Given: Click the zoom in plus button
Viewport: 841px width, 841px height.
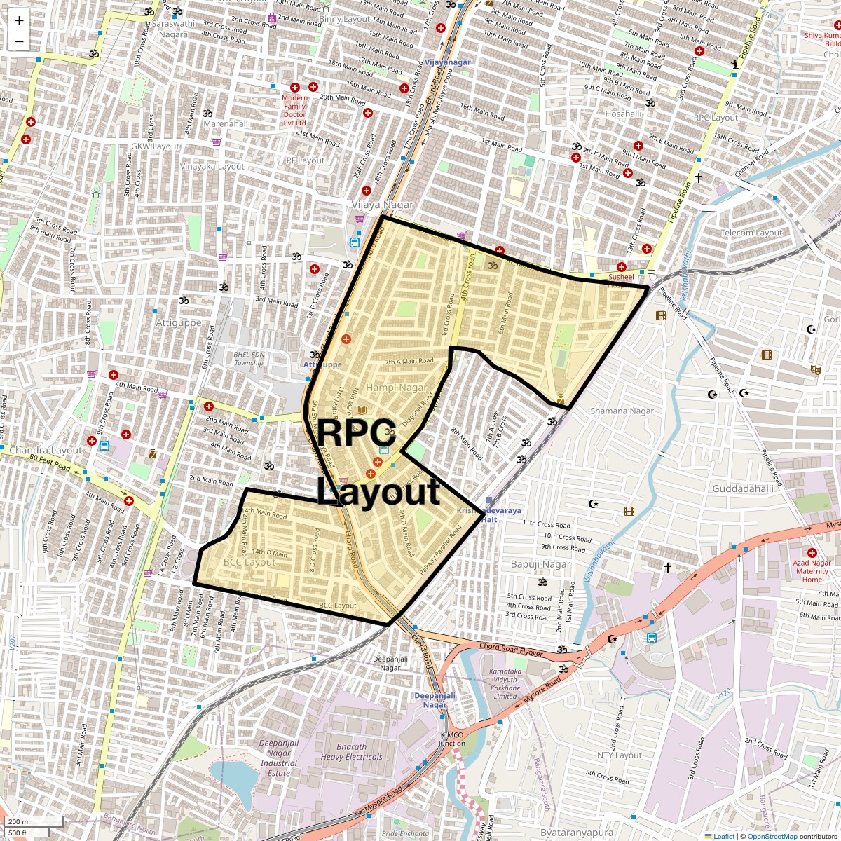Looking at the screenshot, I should pyautogui.click(x=19, y=21).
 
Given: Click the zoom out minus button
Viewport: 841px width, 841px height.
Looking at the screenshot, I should pyautogui.click(x=19, y=41).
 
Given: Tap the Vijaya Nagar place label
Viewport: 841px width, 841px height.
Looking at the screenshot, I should pyautogui.click(x=383, y=205).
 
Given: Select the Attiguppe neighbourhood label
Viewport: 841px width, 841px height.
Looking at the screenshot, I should pyautogui.click(x=179, y=323).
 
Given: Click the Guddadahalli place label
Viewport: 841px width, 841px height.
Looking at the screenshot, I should pyautogui.click(x=742, y=488).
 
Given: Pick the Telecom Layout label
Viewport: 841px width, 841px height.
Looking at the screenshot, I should pyautogui.click(x=751, y=233).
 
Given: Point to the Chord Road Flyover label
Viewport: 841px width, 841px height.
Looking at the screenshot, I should pyautogui.click(x=512, y=646).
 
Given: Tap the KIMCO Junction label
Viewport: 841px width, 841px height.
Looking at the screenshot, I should pyautogui.click(x=452, y=739).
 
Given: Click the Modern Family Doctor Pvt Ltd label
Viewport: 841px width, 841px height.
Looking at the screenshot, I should pyautogui.click(x=294, y=109).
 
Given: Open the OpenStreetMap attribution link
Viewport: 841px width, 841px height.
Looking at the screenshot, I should pyautogui.click(x=772, y=836).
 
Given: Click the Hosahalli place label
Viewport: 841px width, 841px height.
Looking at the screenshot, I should pyautogui.click(x=623, y=114).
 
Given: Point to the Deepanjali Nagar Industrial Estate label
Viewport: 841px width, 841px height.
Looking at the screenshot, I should pyautogui.click(x=279, y=758).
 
